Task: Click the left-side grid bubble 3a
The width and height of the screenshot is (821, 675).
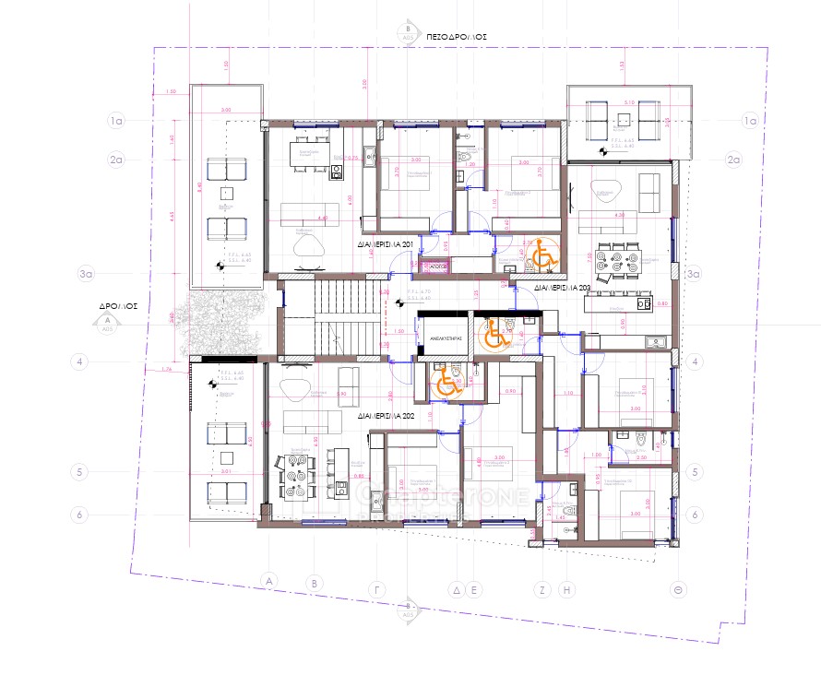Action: pyautogui.click(x=88, y=274)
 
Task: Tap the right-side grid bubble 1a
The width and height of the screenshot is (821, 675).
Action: pyautogui.click(x=750, y=120)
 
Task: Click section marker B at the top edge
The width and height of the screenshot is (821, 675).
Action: pyautogui.click(x=407, y=30)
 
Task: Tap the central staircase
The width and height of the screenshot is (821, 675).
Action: pyautogui.click(x=346, y=319)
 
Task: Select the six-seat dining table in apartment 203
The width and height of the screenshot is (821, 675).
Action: pyautogui.click(x=616, y=260)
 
